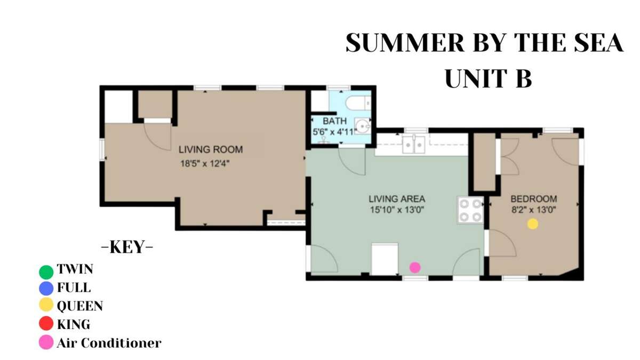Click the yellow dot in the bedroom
(533, 224)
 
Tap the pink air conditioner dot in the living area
(415, 267)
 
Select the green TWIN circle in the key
(46, 272)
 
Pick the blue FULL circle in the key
(46, 289)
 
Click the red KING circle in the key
(46, 323)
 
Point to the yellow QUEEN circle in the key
(46, 305)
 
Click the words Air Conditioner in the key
(109, 343)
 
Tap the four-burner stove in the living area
(470, 210)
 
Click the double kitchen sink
(414, 145)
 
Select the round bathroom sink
(363, 126)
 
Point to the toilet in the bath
(358, 103)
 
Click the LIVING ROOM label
(211, 149)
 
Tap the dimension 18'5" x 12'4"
(205, 164)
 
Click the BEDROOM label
(534, 199)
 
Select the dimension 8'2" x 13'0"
(533, 210)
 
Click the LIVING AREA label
(397, 199)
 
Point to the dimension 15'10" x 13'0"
(397, 210)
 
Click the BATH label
(334, 121)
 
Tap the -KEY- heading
(127, 247)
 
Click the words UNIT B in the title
(489, 78)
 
